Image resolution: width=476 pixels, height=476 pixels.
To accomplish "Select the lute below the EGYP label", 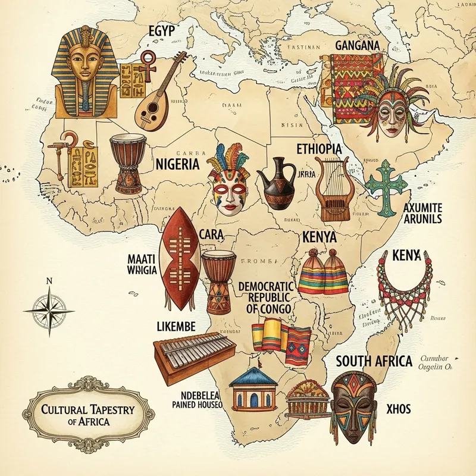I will tap(152, 104).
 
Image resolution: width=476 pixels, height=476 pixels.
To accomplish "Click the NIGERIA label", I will tap(177, 164).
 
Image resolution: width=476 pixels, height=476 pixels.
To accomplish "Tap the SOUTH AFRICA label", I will tap(374, 361).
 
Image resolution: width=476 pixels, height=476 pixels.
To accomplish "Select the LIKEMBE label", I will tap(176, 327).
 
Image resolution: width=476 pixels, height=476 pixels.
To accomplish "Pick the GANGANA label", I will tap(358, 45).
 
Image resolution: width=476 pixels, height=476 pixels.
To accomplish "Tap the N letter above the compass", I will tap(49, 280).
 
